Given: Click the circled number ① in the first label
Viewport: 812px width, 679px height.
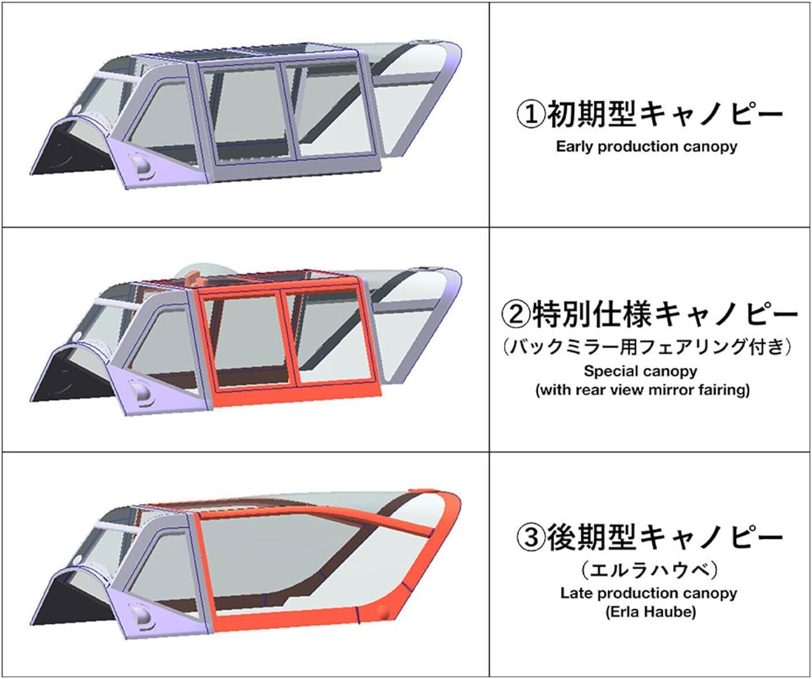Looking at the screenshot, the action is point(532,115).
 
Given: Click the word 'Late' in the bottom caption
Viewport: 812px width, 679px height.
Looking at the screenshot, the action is point(574,593).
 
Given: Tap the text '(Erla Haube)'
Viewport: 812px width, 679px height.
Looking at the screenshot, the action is point(651,612).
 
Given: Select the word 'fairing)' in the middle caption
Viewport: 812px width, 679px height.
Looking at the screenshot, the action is point(725,390).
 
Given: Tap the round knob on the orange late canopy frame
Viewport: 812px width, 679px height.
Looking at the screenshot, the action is point(383,613).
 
